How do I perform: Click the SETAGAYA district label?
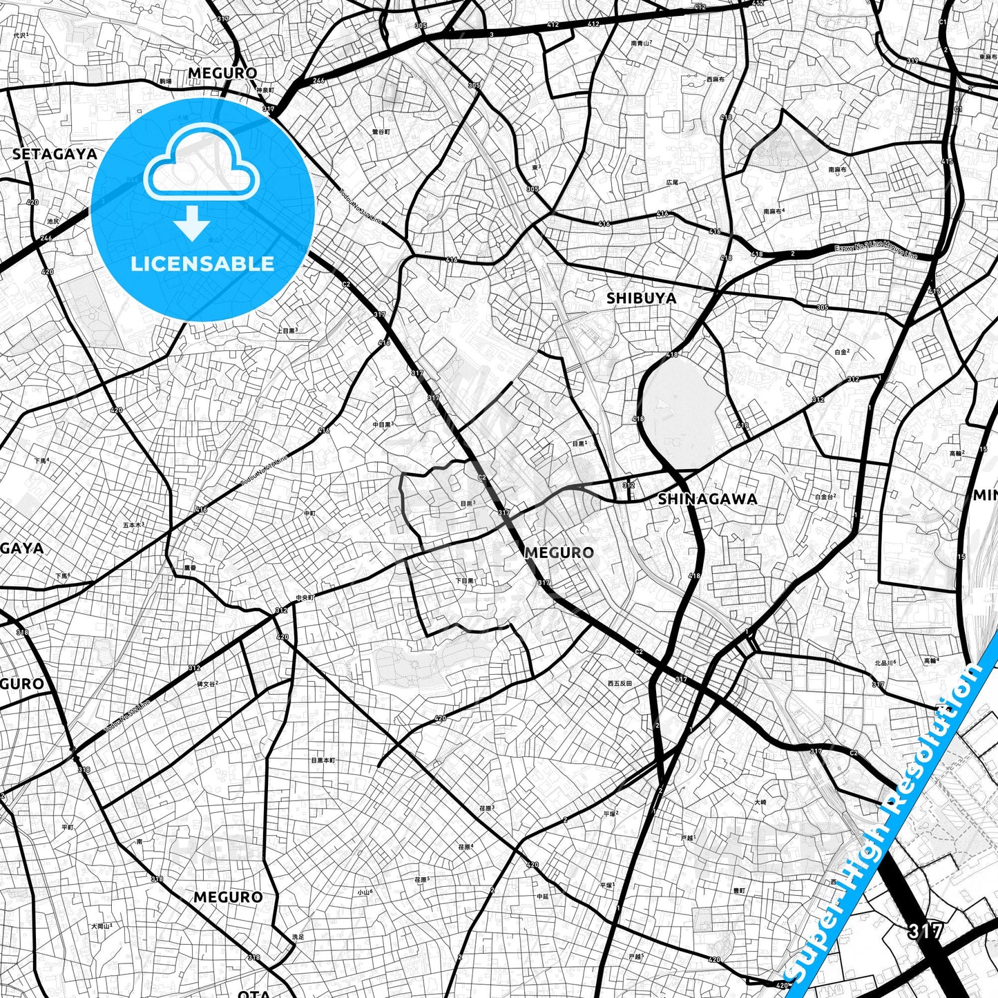tap(55, 154)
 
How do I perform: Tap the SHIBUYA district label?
tap(641, 298)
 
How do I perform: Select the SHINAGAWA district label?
tap(707, 499)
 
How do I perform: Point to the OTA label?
tap(253, 993)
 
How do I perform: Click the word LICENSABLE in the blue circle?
tap(202, 263)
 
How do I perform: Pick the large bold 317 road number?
tap(925, 930)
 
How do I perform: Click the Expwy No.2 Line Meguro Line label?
tap(875, 252)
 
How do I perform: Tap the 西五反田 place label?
tap(620, 683)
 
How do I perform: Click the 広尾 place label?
tap(672, 182)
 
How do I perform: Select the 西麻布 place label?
tap(715, 79)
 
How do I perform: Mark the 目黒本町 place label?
tap(323, 760)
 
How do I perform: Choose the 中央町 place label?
tap(305, 597)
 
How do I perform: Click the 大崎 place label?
tap(760, 802)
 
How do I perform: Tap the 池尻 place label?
tap(53, 221)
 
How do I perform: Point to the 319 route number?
tap(912, 61)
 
